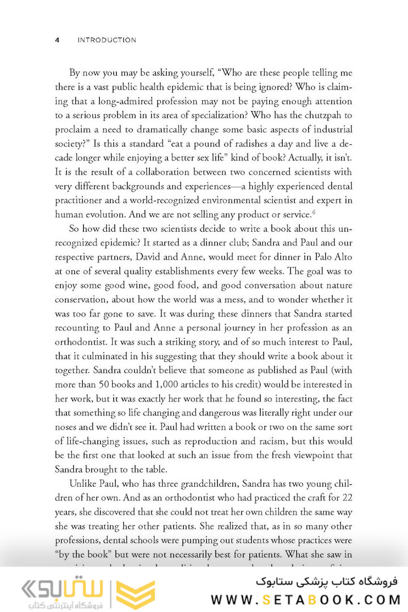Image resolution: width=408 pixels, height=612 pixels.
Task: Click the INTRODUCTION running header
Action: [107, 40]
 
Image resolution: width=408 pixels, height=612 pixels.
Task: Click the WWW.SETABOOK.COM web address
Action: [306, 599]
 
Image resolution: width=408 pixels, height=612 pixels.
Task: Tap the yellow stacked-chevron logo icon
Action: [135, 595]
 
